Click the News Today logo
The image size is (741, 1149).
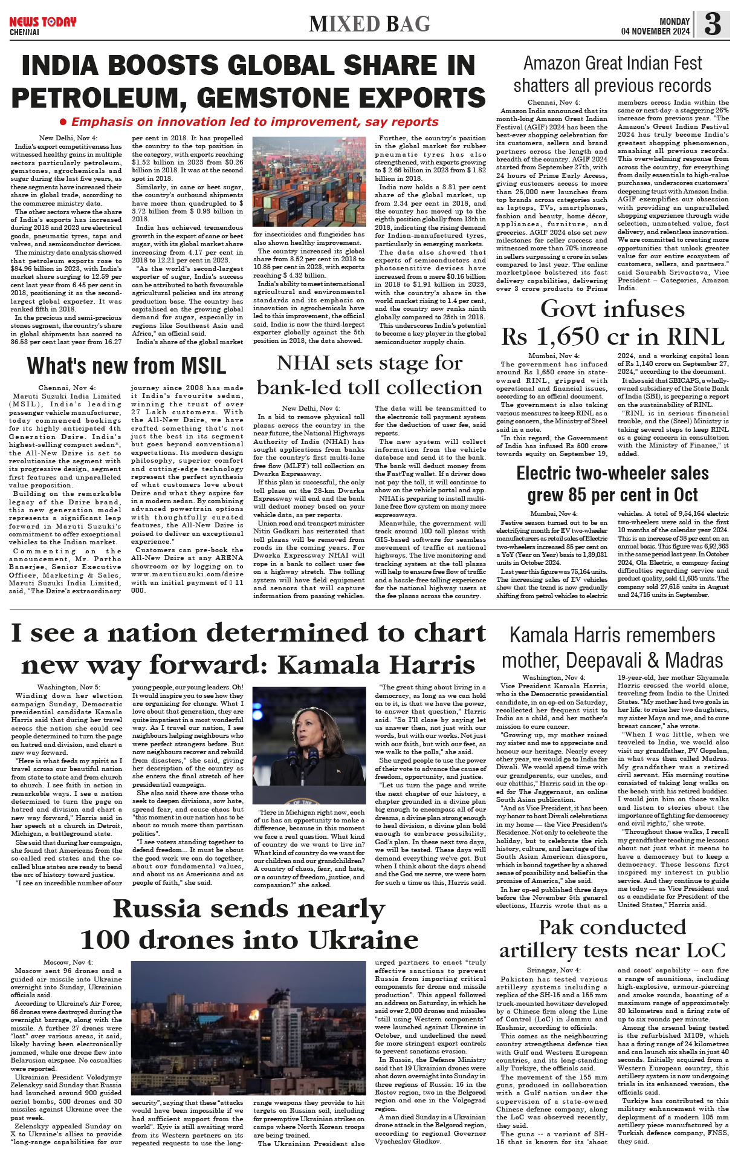coord(42,22)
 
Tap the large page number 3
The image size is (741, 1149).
coord(713,24)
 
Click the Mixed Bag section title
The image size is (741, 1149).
coord(369,24)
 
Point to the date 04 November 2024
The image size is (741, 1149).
coord(655,31)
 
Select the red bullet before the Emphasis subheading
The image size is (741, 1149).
coord(63,122)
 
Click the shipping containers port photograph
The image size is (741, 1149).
coord(309,181)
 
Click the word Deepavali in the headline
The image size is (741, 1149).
coord(609,660)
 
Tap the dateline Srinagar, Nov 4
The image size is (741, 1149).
coord(553,970)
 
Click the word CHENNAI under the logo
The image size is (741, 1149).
coord(24,32)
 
